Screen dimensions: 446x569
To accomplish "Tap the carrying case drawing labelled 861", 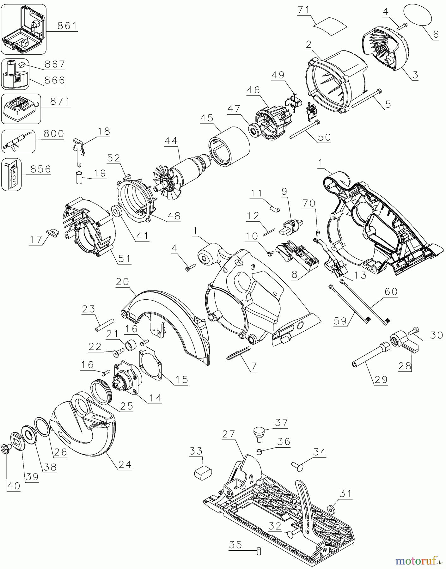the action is point(24,29).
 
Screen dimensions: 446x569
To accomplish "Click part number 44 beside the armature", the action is point(171,141).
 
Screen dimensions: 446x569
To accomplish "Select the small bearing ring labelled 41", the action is point(117,211).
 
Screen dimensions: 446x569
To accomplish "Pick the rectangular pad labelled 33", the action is point(203,473).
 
